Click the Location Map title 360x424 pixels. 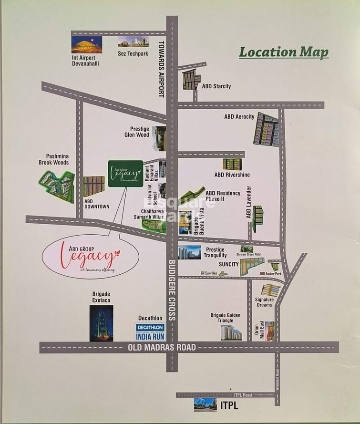[283, 52]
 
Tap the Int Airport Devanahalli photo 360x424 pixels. [86, 44]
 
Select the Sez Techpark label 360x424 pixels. [133, 54]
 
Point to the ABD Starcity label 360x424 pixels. [216, 86]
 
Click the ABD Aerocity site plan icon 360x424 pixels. [266, 129]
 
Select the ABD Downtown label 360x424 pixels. [97, 204]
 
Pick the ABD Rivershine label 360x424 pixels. [232, 175]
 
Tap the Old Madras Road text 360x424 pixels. [162, 347]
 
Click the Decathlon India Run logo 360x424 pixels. [150, 332]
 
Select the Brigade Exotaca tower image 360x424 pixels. [101, 323]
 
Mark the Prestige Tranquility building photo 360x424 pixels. [189, 252]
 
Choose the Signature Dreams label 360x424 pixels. [264, 302]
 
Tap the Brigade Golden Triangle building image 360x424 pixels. [231, 332]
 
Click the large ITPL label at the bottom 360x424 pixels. [228, 406]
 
